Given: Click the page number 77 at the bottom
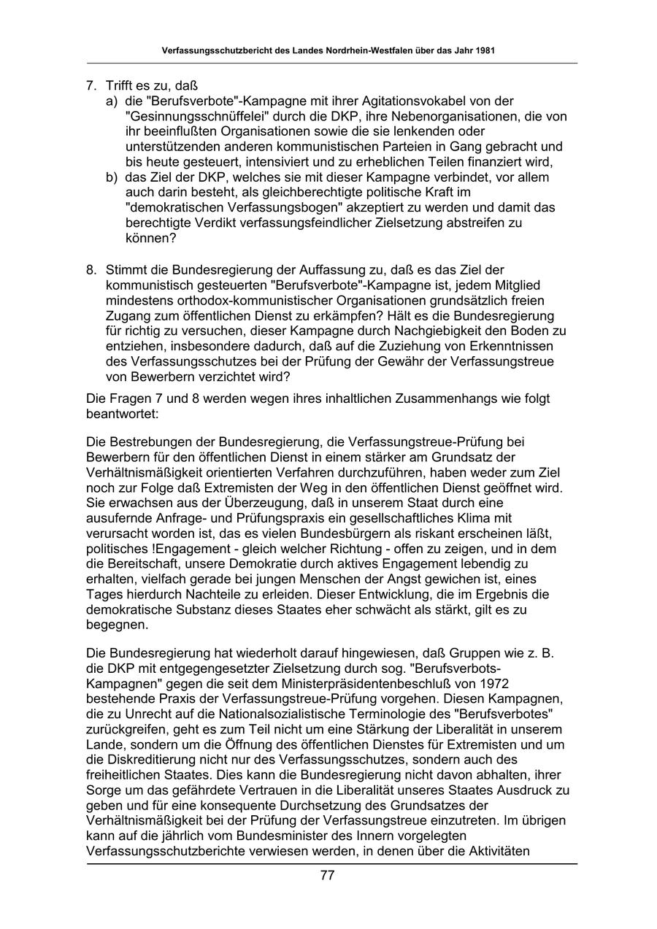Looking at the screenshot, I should [x=327, y=876].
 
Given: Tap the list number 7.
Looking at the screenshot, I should [x=91, y=85].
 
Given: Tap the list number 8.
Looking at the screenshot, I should [x=91, y=270].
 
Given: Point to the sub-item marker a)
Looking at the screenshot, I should [x=112, y=101].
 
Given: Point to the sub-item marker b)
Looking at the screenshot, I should [x=112, y=177].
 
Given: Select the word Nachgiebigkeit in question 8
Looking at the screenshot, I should [x=420, y=331].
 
